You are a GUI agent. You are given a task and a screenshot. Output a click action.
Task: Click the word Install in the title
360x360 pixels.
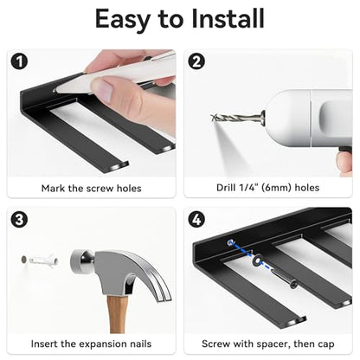[228, 18]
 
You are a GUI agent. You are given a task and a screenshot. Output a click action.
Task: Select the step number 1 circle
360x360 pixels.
[20, 61]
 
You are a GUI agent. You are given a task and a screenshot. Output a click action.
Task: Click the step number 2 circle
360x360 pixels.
[196, 61]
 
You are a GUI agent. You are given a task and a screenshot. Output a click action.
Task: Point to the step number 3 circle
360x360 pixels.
[19, 220]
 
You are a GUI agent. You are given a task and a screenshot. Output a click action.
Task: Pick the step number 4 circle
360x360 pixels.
[196, 220]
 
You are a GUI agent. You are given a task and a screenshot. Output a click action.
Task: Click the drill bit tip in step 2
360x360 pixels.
[213, 117]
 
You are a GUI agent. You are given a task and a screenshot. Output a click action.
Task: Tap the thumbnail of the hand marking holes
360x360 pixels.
[92, 112]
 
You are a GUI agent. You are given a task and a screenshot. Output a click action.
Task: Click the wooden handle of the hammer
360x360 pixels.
[117, 314]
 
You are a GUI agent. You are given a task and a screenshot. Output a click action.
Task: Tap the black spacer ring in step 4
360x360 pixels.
[256, 261]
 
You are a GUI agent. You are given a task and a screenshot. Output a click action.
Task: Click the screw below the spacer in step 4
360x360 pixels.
[286, 280]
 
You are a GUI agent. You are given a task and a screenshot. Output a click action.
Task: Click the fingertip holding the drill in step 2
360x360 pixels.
[344, 163]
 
